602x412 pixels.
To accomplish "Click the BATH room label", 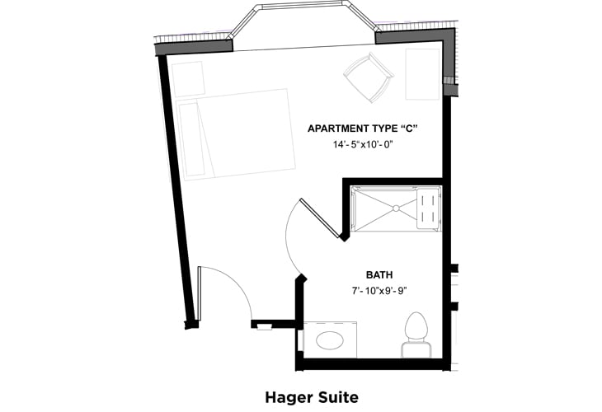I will pyautogui.click(x=379, y=274).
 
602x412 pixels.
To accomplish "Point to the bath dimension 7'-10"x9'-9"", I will pyautogui.click(x=379, y=290).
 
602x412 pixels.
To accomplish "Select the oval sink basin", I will pyautogui.click(x=330, y=339).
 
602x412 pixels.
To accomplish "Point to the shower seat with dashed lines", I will pyautogui.click(x=430, y=208).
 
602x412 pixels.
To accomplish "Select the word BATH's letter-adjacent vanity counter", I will pyautogui.click(x=330, y=339).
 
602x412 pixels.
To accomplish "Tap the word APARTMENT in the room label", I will pyautogui.click(x=338, y=129).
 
